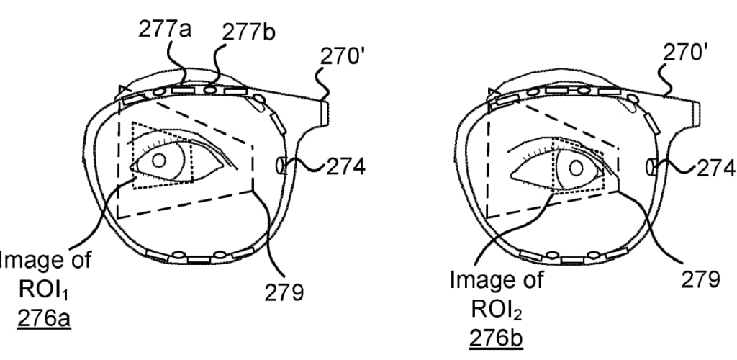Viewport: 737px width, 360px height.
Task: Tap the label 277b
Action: (x=248, y=33)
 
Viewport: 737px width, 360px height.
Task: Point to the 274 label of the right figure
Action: (x=715, y=168)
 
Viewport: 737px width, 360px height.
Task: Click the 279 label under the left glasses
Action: (x=284, y=292)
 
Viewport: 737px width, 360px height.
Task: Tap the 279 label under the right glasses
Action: (x=700, y=279)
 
